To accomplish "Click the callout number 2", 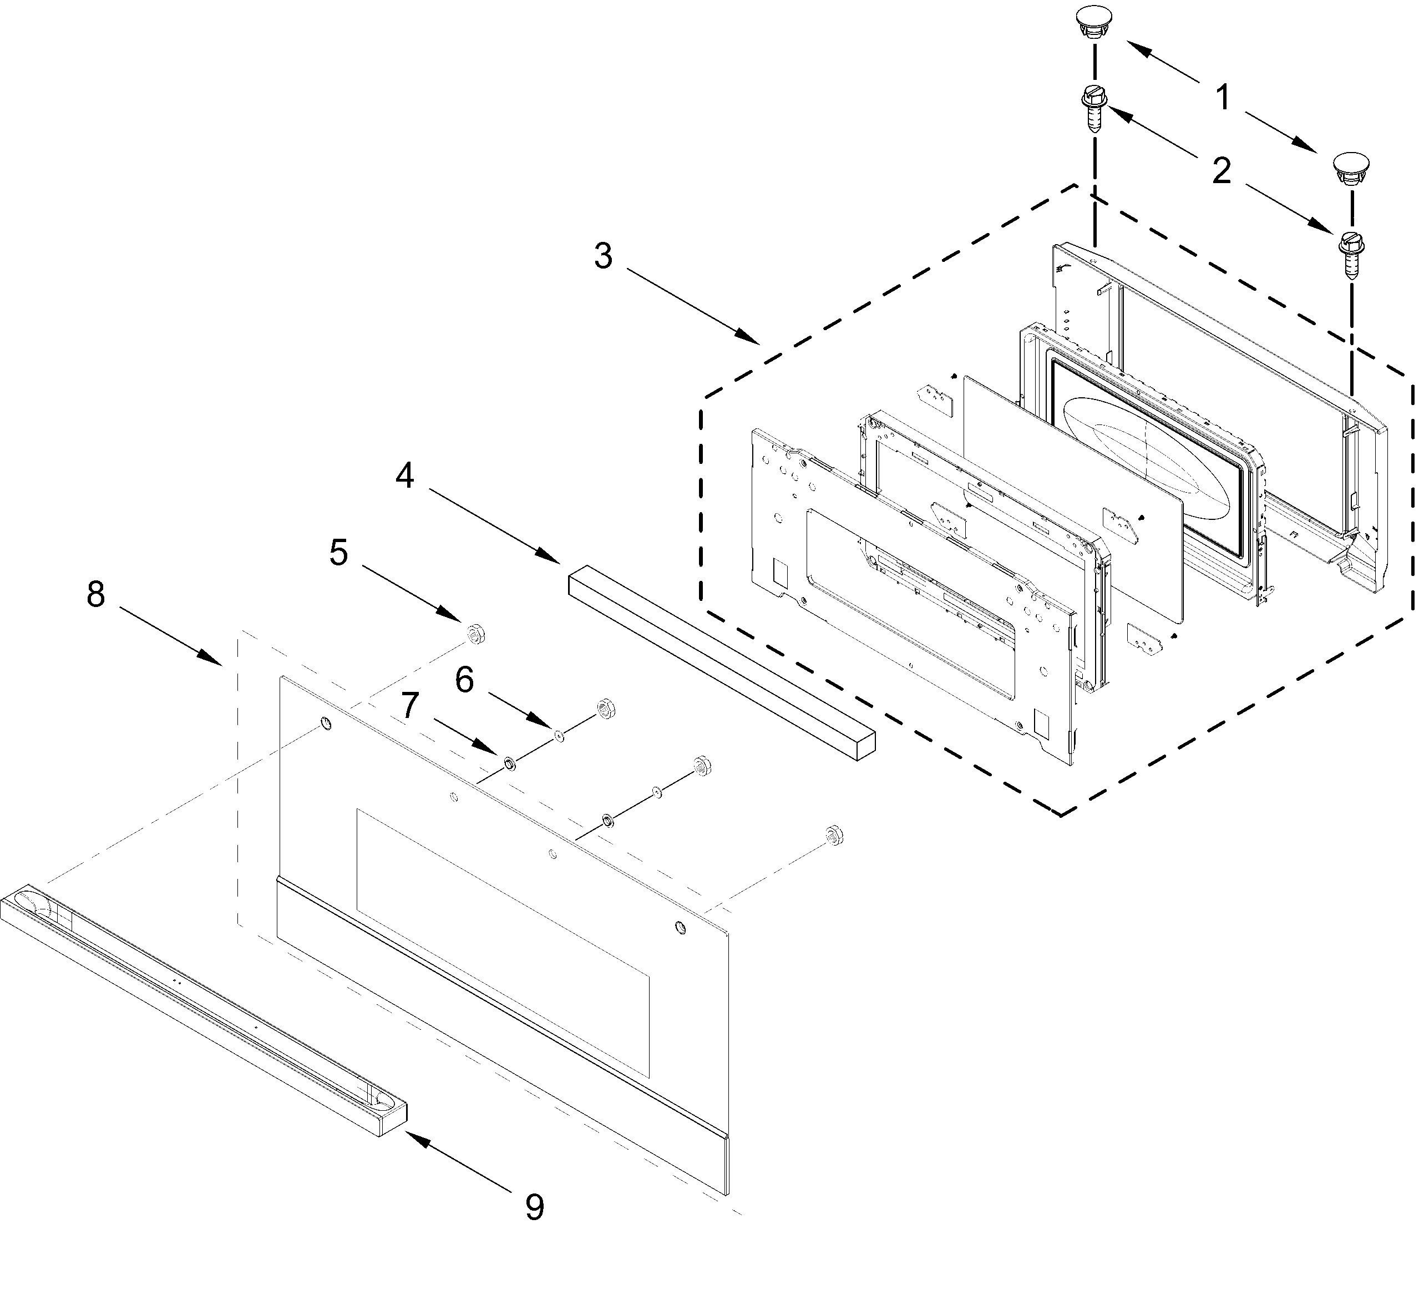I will pos(1222,171).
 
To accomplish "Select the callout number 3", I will pos(602,256).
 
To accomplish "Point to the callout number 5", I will pos(338,553).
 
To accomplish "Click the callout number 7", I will pos(410,705).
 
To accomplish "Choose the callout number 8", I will pos(95,595).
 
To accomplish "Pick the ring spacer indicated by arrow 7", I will pos(509,764).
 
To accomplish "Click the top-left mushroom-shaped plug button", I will pos(1094,23).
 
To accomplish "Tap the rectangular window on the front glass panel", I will pos(501,940).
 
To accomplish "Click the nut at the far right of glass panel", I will pos(834,834).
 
